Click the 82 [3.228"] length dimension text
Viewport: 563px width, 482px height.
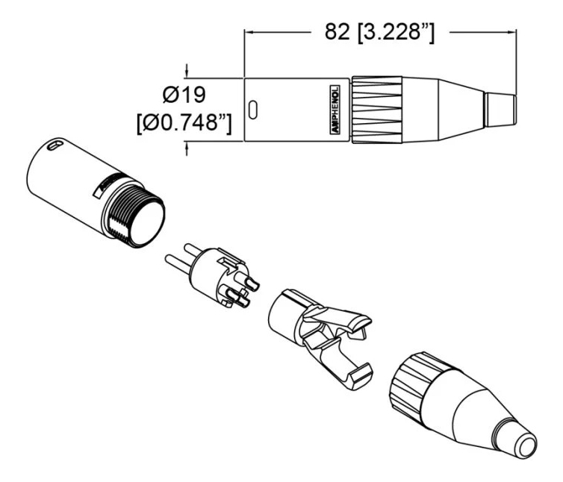point(379,33)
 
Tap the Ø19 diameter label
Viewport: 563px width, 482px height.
point(184,95)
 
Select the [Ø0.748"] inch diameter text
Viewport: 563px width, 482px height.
point(184,123)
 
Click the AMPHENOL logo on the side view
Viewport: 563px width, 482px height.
point(335,110)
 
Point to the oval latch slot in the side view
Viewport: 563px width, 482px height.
point(253,110)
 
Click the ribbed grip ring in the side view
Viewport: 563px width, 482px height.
point(376,110)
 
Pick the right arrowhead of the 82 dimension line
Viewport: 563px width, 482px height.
point(511,32)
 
